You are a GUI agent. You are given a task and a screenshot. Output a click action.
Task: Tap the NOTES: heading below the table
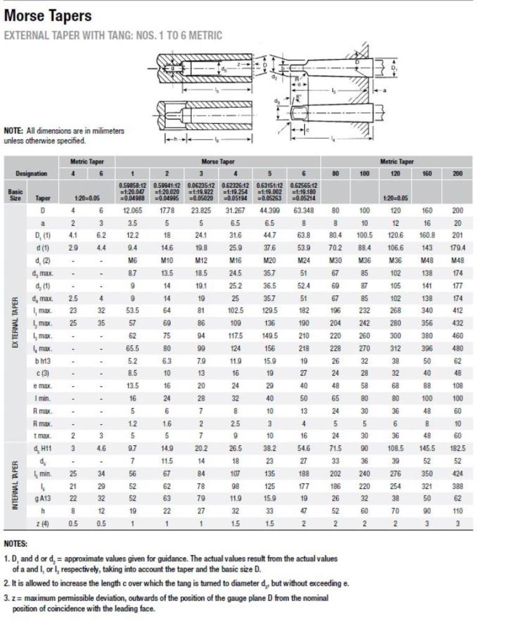pos(16,544)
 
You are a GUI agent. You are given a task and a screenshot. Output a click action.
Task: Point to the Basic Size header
pos(14,192)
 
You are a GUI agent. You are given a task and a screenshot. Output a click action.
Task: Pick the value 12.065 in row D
pos(134,210)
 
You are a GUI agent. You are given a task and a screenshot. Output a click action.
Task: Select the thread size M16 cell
pos(236,260)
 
